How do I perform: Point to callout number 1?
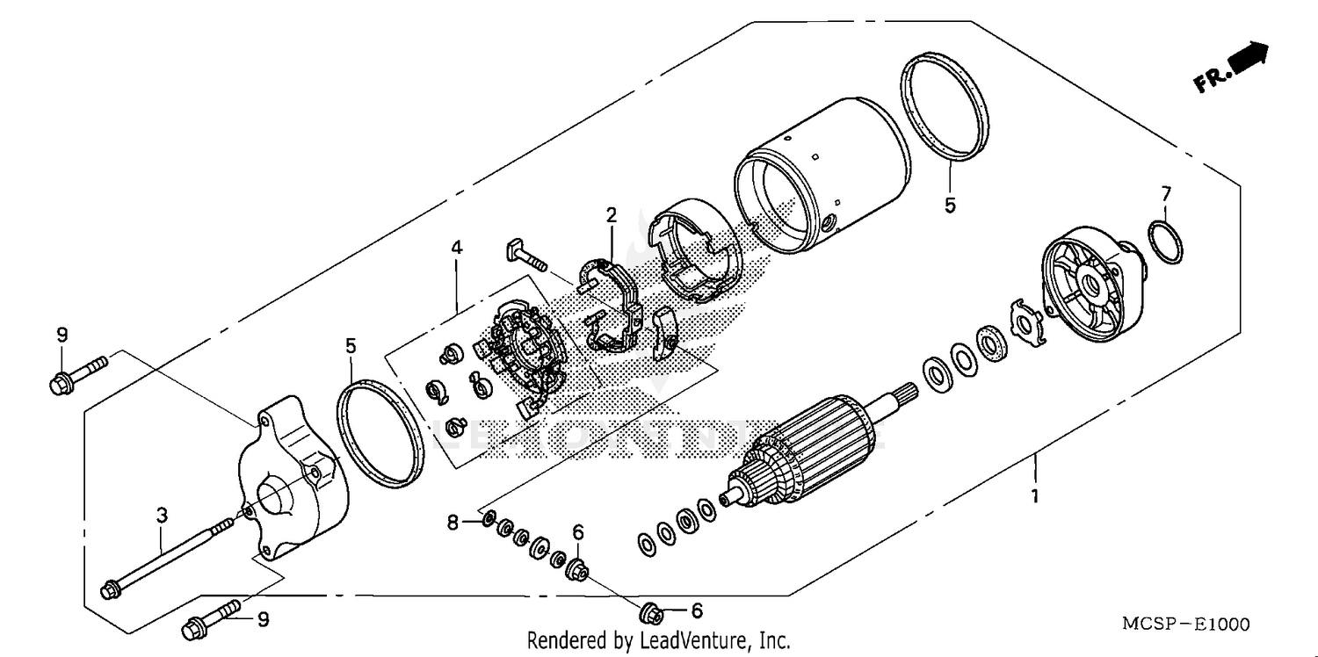[x=1035, y=496]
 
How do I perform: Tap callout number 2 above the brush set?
[x=611, y=214]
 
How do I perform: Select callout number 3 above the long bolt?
[x=162, y=516]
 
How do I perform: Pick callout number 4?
[x=457, y=249]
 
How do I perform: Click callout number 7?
[x=1166, y=192]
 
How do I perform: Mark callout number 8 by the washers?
[x=453, y=523]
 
